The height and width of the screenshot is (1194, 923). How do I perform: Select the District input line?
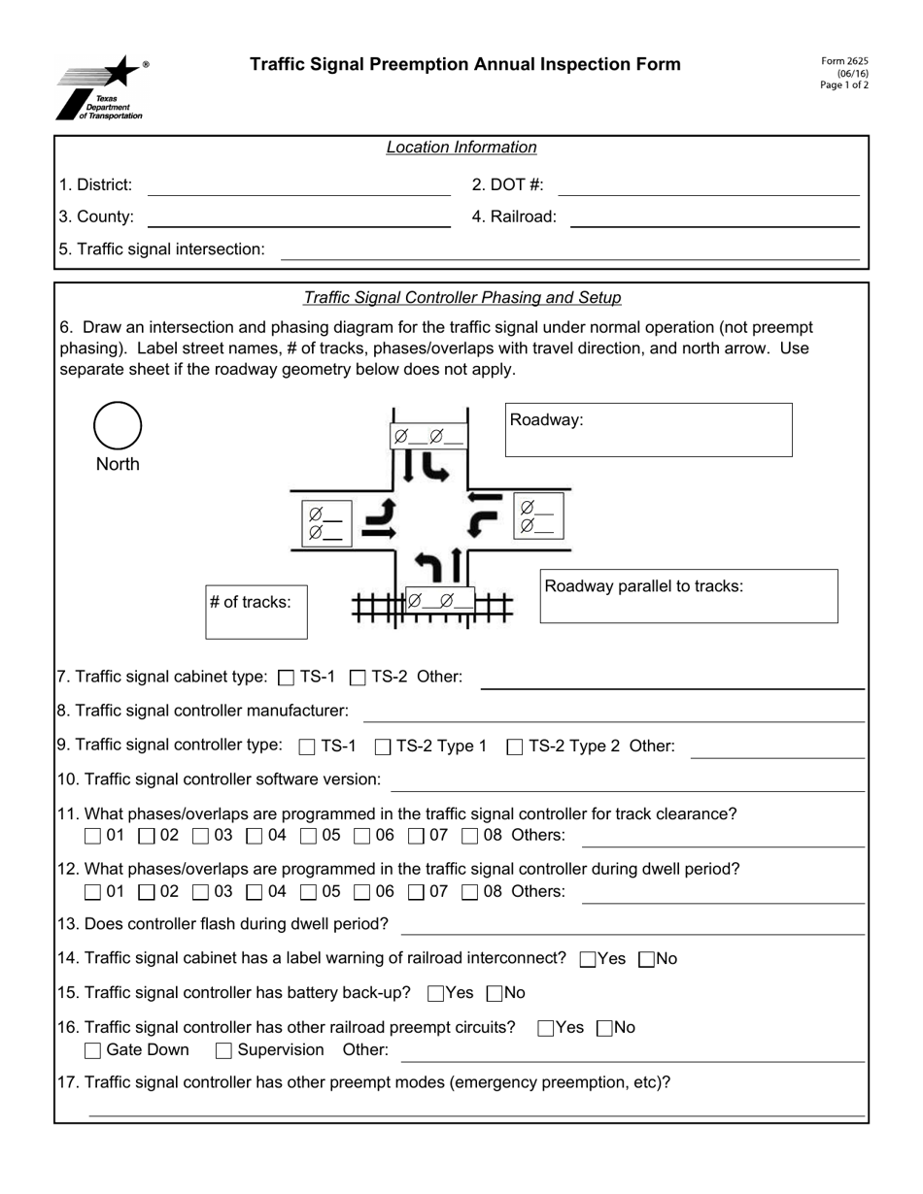pos(298,185)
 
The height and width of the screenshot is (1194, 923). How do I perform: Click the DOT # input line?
pos(709,185)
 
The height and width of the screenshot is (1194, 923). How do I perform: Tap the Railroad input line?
pos(714,217)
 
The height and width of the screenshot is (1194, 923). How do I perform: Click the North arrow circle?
pos(118,426)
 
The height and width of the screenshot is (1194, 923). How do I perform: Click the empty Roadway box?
pos(648,430)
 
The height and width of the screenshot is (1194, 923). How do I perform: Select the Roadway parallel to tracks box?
pos(689,596)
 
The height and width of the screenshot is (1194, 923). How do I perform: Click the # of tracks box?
pos(256,612)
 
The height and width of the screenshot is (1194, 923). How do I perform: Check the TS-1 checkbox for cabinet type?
pos(286,678)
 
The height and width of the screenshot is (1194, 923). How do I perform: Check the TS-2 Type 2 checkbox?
pos(515,747)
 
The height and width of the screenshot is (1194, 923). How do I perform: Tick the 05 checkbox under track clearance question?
pos(308,836)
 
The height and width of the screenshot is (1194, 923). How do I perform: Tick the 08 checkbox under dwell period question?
pos(469,892)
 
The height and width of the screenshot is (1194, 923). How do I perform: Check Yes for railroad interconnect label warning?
pos(587,960)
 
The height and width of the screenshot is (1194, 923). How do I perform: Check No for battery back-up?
pos(494,994)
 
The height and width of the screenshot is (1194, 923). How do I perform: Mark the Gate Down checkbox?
pos(92,1050)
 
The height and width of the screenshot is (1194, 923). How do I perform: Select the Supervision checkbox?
pos(223,1050)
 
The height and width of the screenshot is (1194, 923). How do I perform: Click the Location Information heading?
pos(461,148)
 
